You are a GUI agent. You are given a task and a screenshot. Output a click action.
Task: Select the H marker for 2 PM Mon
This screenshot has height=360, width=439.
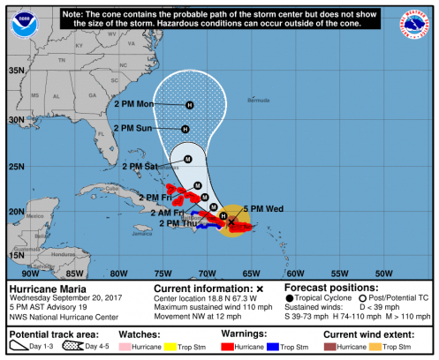[189, 106]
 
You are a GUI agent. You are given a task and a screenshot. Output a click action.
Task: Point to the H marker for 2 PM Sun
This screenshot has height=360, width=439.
[185, 129]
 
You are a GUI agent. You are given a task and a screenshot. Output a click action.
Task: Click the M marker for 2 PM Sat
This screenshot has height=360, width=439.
[187, 160]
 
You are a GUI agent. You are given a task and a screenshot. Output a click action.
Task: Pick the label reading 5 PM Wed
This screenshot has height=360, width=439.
[263, 208]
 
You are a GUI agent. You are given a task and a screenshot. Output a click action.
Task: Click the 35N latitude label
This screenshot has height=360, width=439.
[16, 70]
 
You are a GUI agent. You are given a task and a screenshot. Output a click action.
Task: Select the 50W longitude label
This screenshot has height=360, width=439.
[384, 273]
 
